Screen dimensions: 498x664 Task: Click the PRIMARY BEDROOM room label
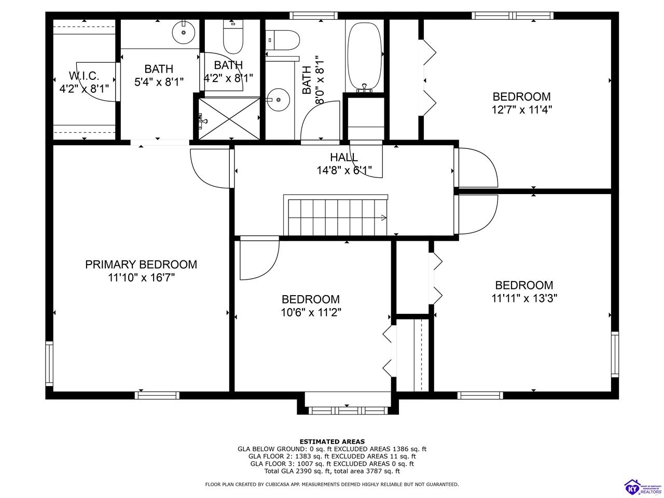click(x=141, y=265)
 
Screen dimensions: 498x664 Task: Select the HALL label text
click(x=344, y=157)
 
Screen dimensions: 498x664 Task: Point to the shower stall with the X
click(x=229, y=118)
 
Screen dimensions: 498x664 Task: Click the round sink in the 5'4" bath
click(x=184, y=32)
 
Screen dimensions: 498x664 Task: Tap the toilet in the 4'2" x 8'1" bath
click(x=233, y=38)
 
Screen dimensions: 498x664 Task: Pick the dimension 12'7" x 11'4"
click(x=521, y=110)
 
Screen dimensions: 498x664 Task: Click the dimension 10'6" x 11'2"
click(x=311, y=312)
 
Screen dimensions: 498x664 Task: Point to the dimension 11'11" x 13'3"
click(x=524, y=298)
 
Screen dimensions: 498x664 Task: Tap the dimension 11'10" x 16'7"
click(x=141, y=278)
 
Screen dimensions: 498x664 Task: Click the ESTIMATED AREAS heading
click(x=332, y=441)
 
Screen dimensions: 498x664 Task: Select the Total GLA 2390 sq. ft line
click(x=332, y=471)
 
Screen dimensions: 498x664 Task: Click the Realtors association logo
click(x=642, y=486)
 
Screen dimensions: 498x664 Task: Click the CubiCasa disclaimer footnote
click(x=332, y=485)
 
